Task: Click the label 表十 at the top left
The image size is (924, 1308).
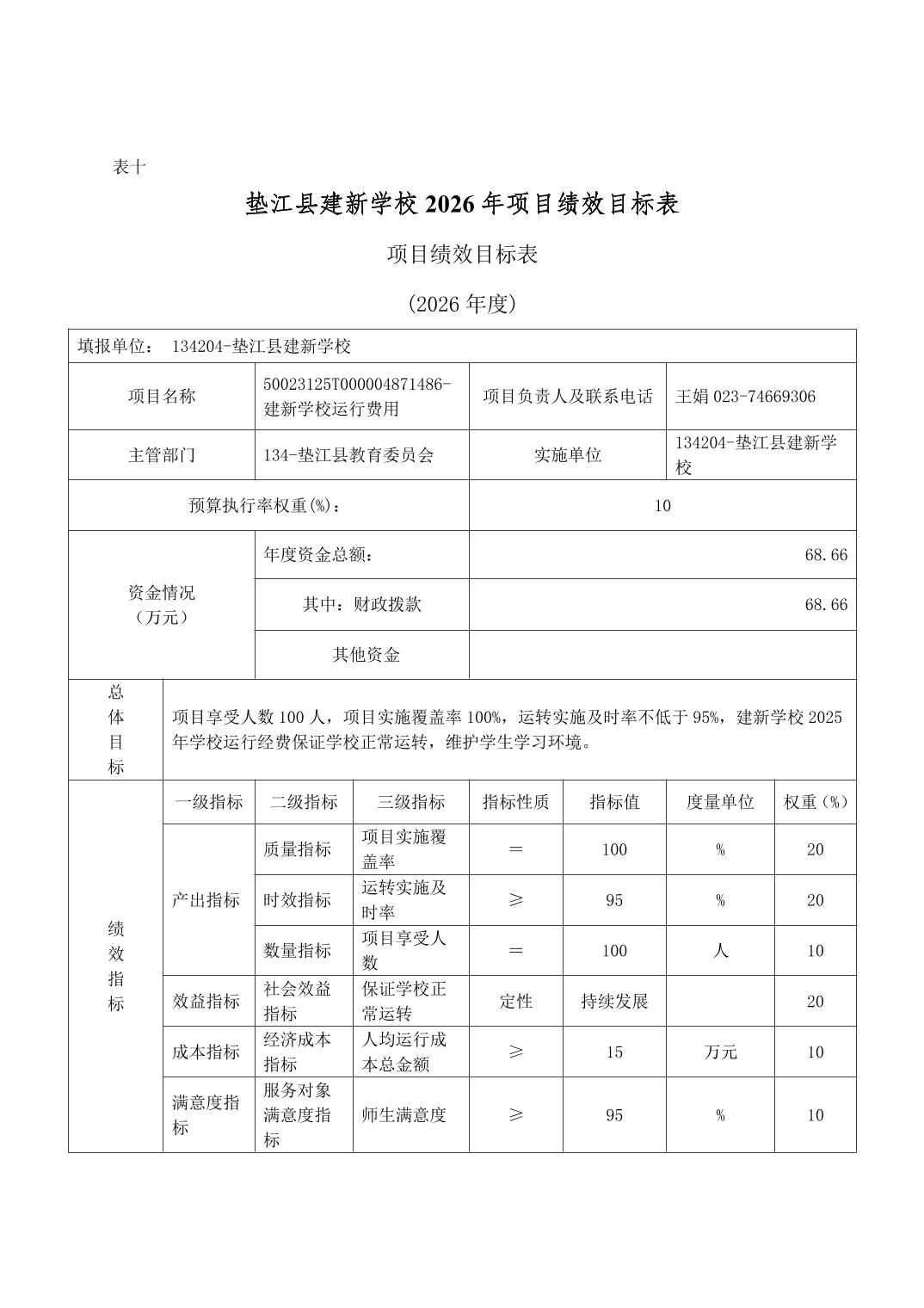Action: point(129,167)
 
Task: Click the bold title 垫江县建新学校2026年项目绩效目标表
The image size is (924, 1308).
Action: point(462,204)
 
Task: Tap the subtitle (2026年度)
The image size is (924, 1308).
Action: point(462,304)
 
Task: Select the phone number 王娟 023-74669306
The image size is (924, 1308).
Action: point(745,397)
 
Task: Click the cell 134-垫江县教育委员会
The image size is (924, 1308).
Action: point(348,455)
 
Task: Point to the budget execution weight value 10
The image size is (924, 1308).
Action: point(662,505)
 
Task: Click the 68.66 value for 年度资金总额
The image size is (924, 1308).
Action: point(825,555)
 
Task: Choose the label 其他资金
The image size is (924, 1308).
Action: point(366,655)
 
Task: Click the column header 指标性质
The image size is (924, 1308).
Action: point(515,802)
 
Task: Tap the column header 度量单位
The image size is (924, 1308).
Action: point(719,802)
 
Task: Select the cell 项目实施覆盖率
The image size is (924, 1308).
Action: point(404,849)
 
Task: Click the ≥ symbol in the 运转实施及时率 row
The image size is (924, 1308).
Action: point(515,900)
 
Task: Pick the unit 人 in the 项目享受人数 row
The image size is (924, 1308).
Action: point(719,951)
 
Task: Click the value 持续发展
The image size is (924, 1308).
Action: point(614,1002)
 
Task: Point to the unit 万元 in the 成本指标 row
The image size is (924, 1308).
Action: point(719,1052)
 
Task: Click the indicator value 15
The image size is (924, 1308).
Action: point(614,1052)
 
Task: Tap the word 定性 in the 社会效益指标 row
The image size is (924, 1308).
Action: point(515,1002)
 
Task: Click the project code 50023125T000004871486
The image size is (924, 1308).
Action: point(357,384)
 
